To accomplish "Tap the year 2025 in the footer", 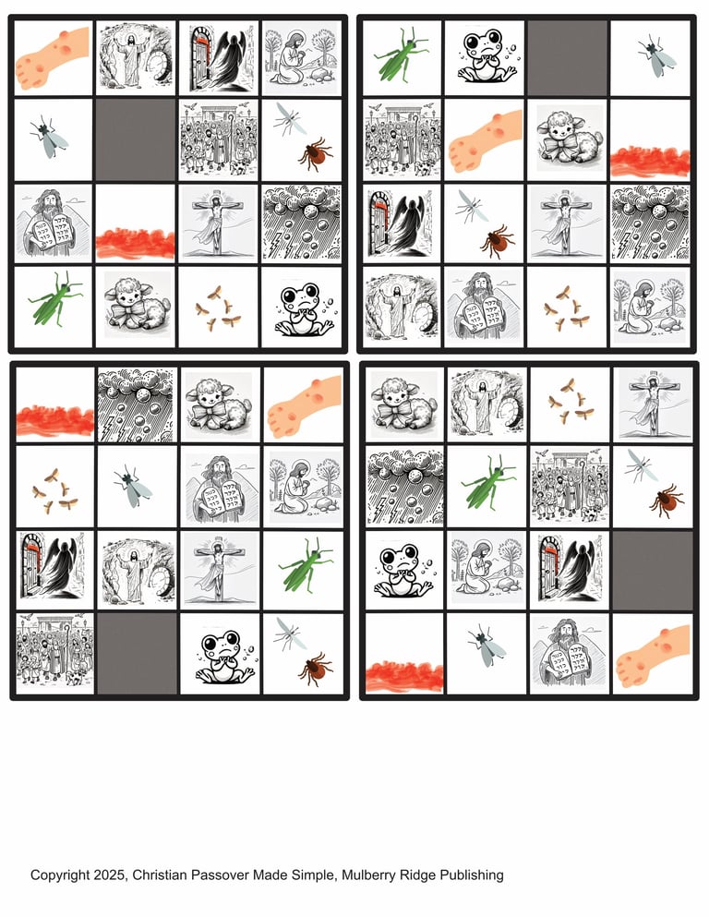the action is coord(113,875).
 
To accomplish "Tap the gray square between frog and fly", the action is coord(568,58).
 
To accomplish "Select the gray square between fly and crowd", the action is coord(136,139).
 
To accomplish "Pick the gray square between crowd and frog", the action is coord(138,653).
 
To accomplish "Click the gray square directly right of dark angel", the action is coord(653,571).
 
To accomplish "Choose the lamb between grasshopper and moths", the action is coord(137,306).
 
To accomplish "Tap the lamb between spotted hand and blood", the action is coord(567,139).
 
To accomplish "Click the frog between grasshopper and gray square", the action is coord(485,56).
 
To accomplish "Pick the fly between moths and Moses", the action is coord(134,487).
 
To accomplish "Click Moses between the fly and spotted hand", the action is coord(570,653).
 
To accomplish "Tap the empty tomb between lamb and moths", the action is coord(487,404).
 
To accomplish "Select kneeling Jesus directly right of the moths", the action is coord(650,308).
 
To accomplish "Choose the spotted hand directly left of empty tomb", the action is coord(54,57).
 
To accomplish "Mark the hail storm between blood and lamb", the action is coord(137,404).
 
